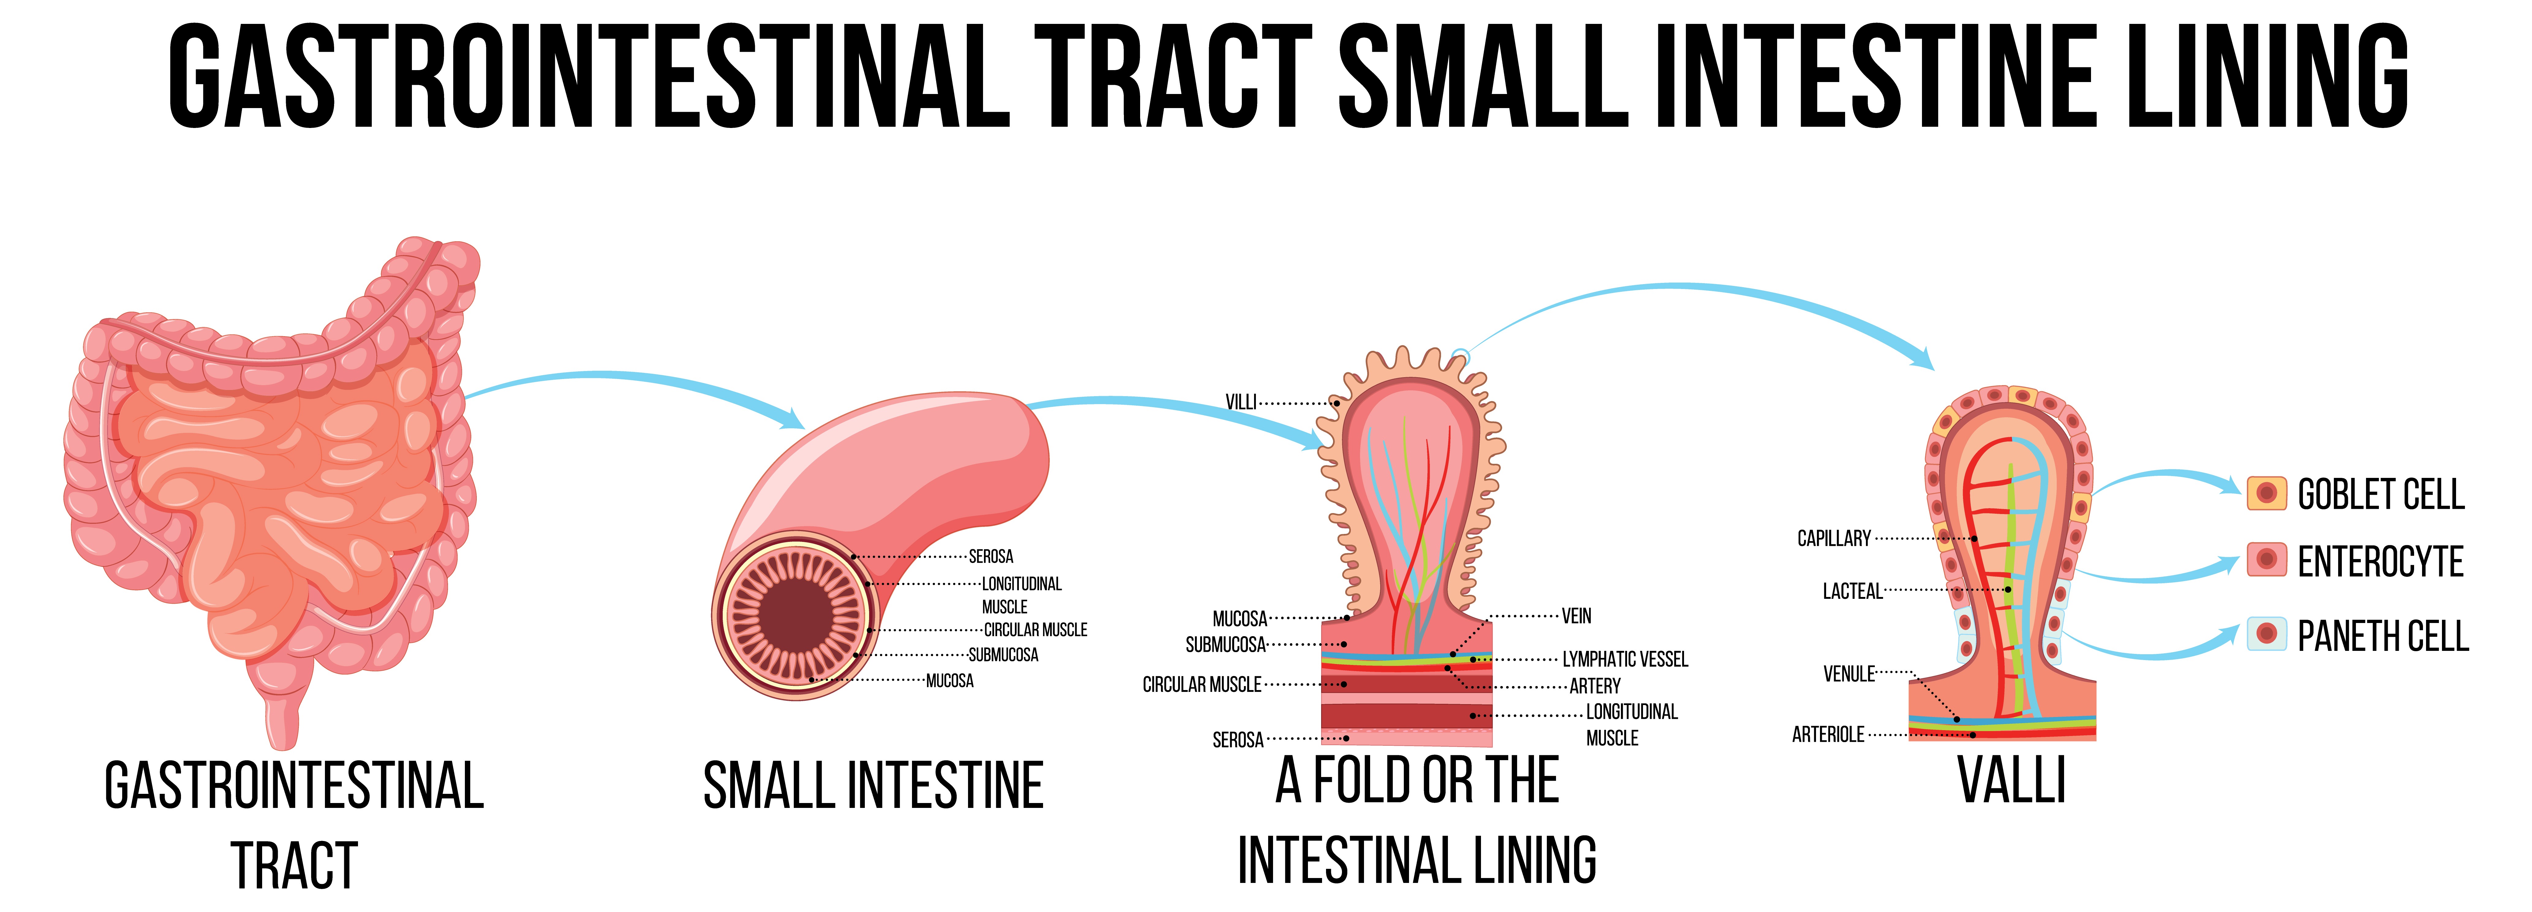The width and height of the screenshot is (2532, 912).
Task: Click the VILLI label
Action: [x=1241, y=402]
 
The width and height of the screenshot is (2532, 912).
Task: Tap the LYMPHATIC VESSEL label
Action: [x=1625, y=659]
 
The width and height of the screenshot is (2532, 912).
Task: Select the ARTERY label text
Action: [x=1594, y=686]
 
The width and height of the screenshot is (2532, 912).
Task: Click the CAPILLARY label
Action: [x=1833, y=539]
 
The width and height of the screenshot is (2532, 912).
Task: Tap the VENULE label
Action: [x=1849, y=674]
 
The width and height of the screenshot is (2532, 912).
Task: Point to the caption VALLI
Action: [x=2011, y=782]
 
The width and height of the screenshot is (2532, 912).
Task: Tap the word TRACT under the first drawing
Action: [x=294, y=867]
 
